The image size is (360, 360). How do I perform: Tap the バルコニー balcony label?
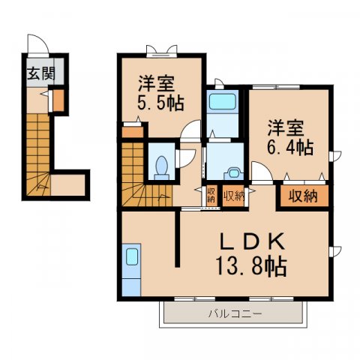235,313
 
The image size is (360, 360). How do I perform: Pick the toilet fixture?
160,166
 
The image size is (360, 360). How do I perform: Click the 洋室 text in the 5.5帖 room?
156,81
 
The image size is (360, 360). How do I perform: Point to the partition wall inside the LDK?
178,238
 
